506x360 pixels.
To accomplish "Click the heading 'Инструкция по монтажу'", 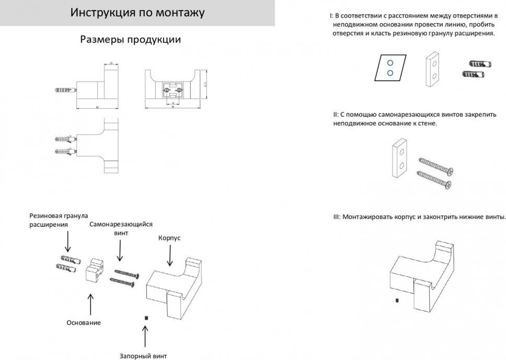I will pos(137,13).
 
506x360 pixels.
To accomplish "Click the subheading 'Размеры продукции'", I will pos(131,39).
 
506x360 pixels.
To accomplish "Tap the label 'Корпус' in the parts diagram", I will pos(170,237).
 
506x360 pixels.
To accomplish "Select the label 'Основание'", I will pos(83,323).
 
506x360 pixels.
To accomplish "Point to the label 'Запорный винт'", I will pos(143,355).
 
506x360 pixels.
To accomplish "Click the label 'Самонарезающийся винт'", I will pos(121,228).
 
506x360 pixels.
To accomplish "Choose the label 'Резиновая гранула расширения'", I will pos(59,220).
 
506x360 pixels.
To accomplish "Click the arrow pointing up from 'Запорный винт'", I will pos(145,336).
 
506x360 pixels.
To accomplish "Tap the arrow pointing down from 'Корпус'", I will pos(171,256).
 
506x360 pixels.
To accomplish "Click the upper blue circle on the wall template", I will pos(390,62).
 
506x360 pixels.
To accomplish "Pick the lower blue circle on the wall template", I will pos(390,73).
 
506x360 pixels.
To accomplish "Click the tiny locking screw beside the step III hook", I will pos(397,300).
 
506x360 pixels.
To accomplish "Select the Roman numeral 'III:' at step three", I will pos(336,217).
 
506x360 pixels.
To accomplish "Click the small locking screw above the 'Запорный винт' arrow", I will pos(145,317).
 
